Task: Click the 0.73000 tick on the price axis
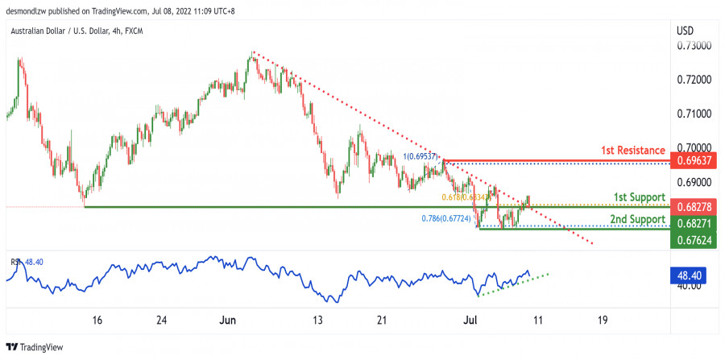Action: [694, 46]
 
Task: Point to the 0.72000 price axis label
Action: [694, 81]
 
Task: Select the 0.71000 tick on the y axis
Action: [694, 114]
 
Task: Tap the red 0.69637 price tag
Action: [695, 159]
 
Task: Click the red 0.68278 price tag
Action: [695, 207]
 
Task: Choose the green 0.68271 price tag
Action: [695, 222]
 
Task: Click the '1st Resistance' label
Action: [632, 151]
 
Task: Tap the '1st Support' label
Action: [638, 197]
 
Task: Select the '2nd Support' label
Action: [637, 219]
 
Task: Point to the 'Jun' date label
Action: [228, 320]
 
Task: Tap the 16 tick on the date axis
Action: [97, 320]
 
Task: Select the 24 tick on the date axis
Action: [162, 320]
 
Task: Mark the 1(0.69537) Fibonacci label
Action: [421, 155]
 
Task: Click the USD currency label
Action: [686, 31]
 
